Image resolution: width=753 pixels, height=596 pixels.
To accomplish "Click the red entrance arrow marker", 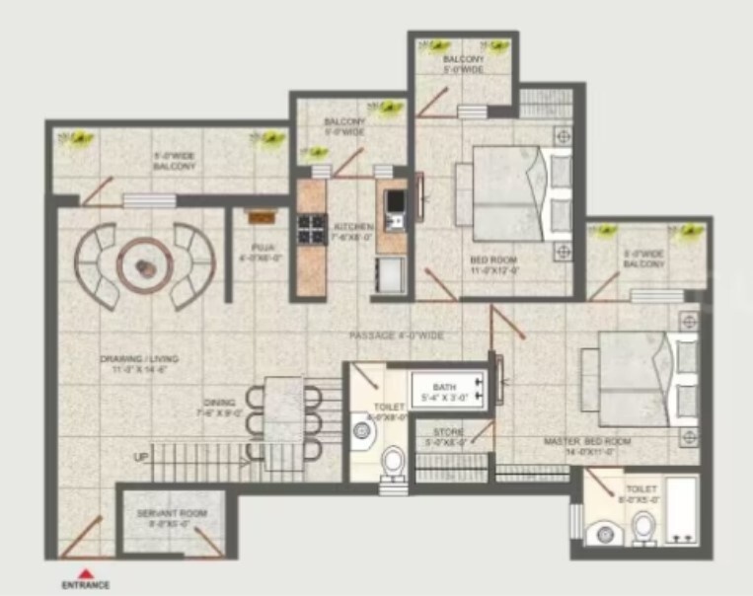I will tap(87, 571).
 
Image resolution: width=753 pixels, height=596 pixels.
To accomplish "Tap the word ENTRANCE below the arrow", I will tap(87, 584).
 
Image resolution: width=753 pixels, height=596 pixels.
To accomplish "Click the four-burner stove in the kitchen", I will tap(312, 229).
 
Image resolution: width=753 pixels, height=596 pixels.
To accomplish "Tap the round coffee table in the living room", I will tap(146, 264).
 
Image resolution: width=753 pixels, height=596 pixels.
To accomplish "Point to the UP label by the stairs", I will tap(141, 457).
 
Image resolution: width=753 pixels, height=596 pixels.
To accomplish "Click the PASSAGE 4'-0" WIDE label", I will tap(397, 336).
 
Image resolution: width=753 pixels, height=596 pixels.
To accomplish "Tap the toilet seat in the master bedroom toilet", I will tap(642, 527).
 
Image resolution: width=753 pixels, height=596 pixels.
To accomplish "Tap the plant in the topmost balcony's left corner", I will tap(435, 45).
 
